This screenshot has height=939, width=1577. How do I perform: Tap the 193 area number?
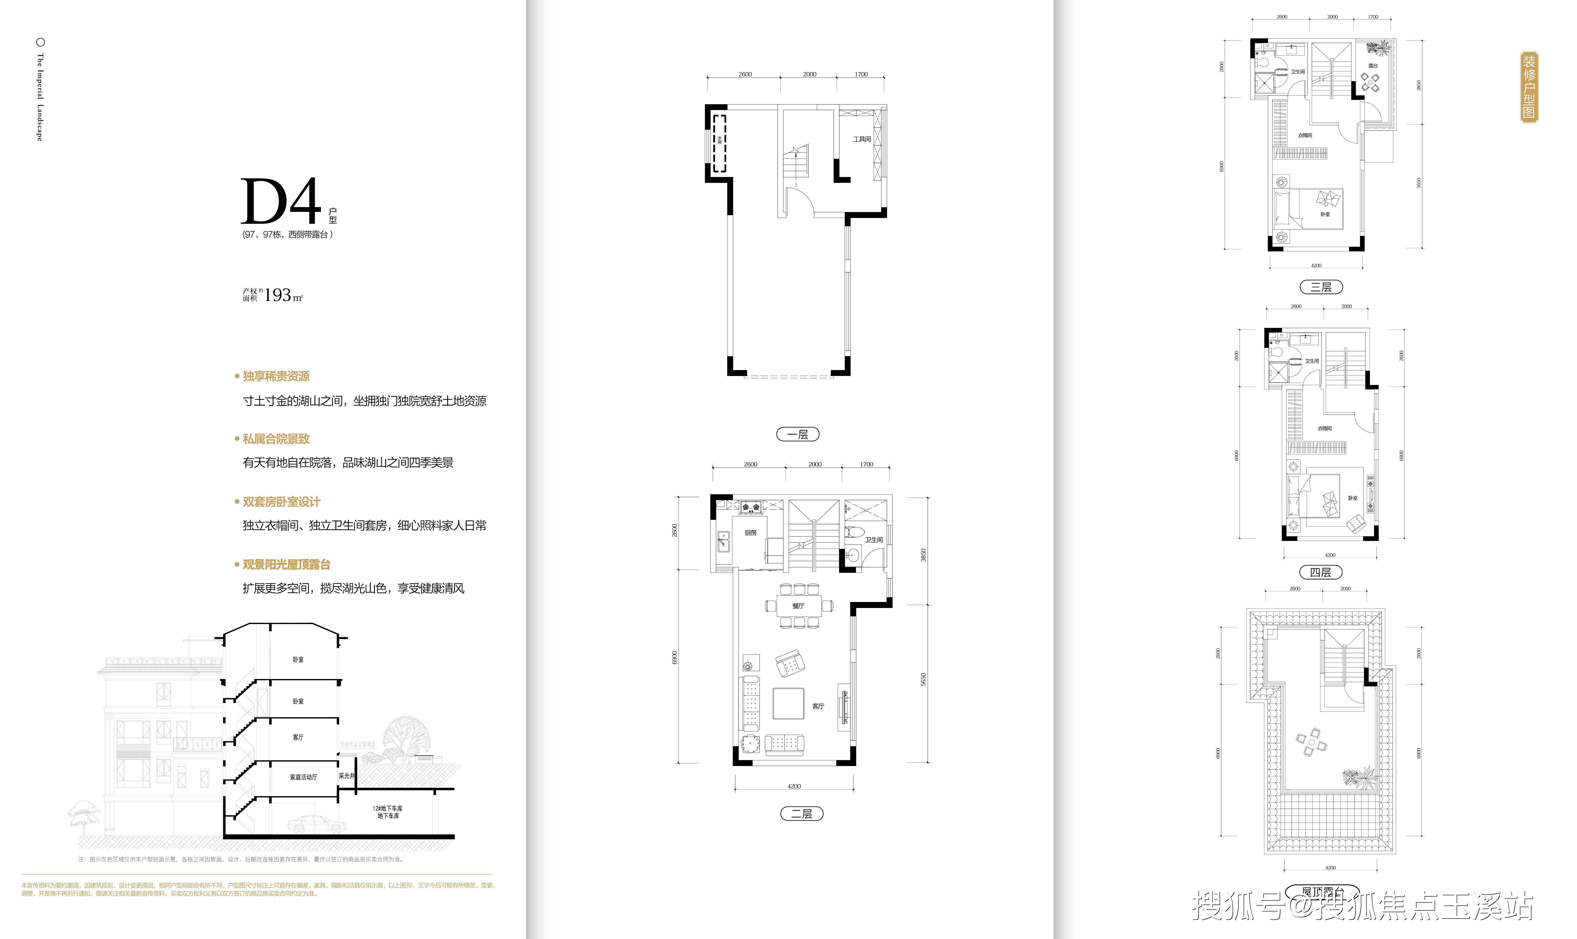point(278,295)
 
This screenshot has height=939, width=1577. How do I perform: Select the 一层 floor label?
point(798,434)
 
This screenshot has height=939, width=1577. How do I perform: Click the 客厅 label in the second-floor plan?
point(818,706)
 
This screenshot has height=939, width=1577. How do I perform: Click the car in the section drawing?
point(317,824)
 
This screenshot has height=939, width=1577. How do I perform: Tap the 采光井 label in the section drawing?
point(346,776)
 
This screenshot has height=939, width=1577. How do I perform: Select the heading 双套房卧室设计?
point(281,502)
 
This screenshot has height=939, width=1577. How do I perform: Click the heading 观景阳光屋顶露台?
point(286,564)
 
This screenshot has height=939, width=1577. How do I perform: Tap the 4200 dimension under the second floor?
point(794,787)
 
